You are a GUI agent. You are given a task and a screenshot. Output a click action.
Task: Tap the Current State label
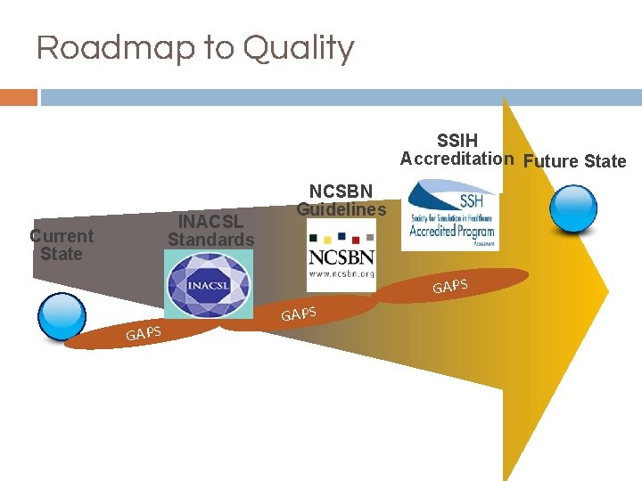click(61, 245)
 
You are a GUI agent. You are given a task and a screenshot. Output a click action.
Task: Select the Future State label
click(574, 161)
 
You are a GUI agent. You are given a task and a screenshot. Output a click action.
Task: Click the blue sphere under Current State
click(61, 315)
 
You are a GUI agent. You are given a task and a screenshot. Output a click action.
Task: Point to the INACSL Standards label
click(210, 231)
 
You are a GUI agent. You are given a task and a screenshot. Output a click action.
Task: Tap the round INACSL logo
click(208, 283)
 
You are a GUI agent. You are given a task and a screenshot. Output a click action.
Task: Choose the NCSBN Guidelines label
click(341, 200)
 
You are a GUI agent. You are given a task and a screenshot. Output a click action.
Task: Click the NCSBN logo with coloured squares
click(342, 254)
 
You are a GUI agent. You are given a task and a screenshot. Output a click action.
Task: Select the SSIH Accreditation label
click(457, 150)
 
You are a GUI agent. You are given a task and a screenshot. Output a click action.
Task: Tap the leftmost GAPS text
click(143, 333)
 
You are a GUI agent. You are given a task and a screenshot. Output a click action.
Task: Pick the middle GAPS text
click(299, 313)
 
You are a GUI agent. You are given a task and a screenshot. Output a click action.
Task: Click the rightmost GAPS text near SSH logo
click(450, 285)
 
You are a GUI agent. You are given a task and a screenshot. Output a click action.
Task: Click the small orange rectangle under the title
click(18, 97)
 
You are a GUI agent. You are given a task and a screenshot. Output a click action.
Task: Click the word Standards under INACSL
click(210, 240)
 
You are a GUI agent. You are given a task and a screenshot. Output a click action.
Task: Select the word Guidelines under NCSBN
click(341, 209)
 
